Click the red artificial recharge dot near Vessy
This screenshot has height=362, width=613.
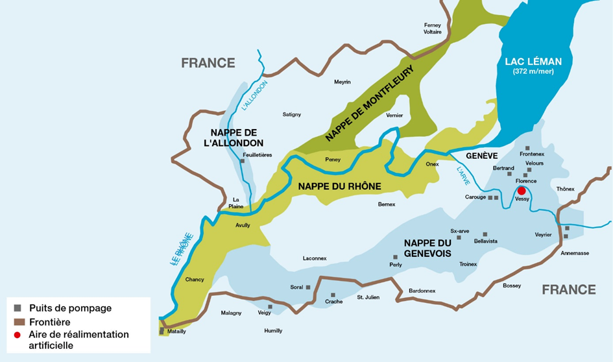point(521,191)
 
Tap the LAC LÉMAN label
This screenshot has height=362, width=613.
point(533,62)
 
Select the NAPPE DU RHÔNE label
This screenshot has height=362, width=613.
point(339,186)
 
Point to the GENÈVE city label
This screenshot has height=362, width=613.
point(481,156)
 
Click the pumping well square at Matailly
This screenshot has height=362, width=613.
point(162,331)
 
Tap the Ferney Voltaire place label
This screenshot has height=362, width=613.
point(433,28)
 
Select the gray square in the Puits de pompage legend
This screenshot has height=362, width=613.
point(18,308)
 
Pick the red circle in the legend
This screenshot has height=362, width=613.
point(18,335)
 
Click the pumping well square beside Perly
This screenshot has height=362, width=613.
point(395,257)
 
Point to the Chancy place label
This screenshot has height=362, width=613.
point(195,280)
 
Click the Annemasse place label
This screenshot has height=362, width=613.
point(575,253)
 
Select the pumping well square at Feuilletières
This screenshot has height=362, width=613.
point(242,162)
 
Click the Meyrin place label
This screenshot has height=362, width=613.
point(342,82)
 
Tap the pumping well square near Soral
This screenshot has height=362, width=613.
point(308,287)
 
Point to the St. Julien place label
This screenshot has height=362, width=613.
point(368,297)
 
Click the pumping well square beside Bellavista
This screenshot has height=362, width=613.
point(485,234)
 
